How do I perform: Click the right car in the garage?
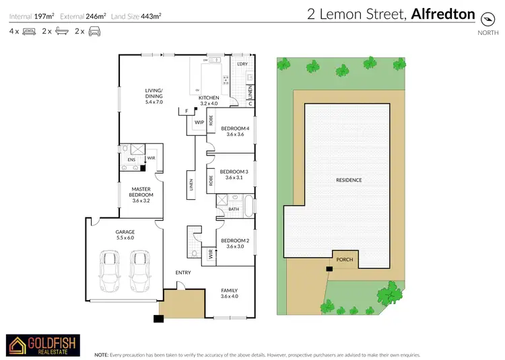(x=139, y=268)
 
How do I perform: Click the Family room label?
(x=230, y=293)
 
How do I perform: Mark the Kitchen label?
(x=208, y=100)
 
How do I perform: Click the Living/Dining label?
(x=154, y=96)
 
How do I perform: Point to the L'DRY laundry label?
(x=243, y=63)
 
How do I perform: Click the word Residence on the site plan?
(x=349, y=180)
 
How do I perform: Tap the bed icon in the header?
(x=29, y=31)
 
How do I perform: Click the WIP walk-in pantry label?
(x=199, y=123)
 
